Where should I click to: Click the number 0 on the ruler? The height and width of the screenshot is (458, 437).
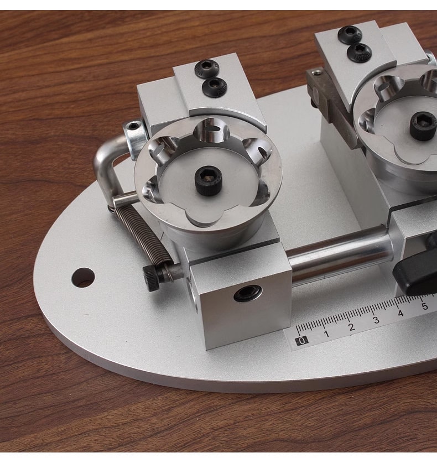click(302, 341)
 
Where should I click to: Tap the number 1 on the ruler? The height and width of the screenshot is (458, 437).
click(326, 334)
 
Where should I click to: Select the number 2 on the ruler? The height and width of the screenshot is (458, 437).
click(351, 327)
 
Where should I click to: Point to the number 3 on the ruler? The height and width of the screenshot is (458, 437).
click(376, 320)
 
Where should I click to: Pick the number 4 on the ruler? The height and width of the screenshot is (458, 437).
click(400, 313)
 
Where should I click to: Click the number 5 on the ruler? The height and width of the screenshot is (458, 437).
click(425, 306)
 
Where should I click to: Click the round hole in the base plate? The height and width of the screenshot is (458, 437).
click(83, 277)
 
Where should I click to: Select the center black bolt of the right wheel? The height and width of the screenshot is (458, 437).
click(423, 126)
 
